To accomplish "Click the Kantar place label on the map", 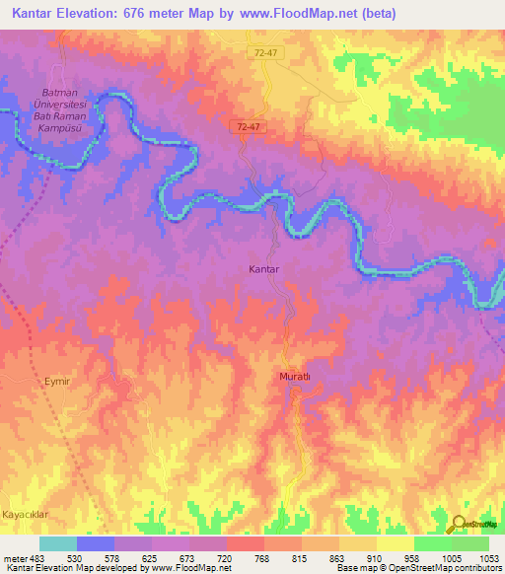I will point(263,268).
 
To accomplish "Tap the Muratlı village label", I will point(292,378).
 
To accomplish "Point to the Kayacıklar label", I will point(27,516).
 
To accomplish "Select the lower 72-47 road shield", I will point(249,126).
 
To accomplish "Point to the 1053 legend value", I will point(490,558).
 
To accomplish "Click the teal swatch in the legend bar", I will point(58,543).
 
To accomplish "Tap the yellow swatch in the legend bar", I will point(396,543).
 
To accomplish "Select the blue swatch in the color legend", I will point(96,543).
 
